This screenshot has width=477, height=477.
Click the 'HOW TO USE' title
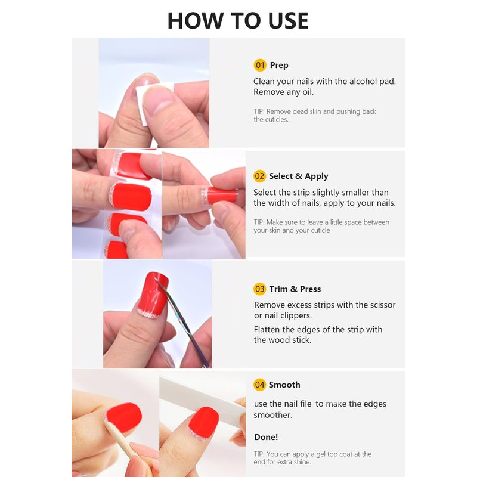[x=238, y=21]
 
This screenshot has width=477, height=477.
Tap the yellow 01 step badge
[x=260, y=65]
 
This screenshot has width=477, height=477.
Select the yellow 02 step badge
[x=259, y=176]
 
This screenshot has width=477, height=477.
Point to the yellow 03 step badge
[x=259, y=289]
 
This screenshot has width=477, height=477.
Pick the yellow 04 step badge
[x=259, y=385]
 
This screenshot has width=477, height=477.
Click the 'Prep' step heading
[x=279, y=66]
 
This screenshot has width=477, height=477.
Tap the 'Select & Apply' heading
[x=299, y=176]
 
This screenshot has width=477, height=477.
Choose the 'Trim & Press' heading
[x=295, y=289]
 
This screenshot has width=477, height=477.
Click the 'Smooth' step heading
[x=284, y=385]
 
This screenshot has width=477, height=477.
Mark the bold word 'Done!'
[x=266, y=437]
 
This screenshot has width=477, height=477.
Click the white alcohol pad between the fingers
[x=143, y=103]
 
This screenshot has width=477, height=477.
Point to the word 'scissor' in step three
[x=383, y=305]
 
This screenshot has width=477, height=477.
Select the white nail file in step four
[x=202, y=397]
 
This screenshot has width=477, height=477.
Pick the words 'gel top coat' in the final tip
[x=337, y=454]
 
